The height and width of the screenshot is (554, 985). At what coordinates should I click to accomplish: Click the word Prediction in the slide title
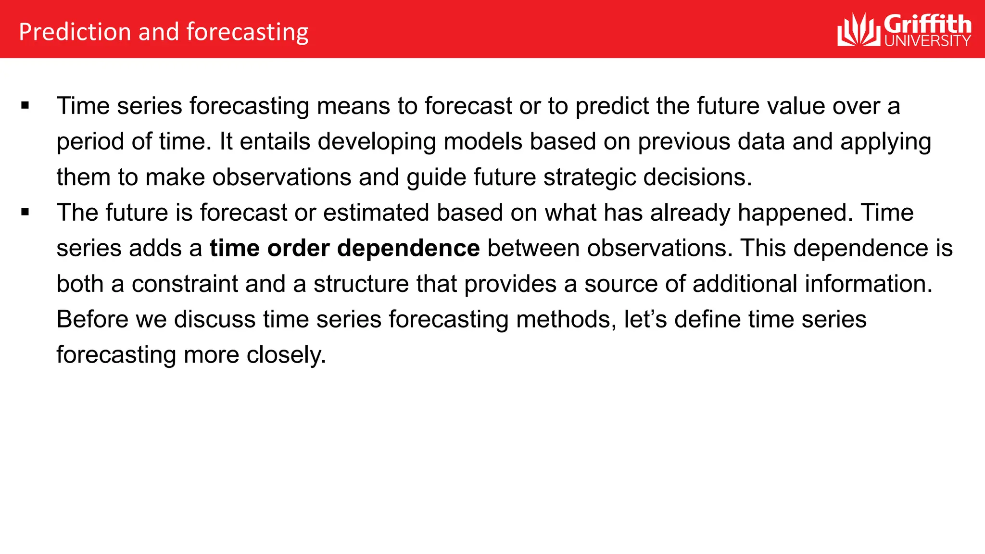coord(75,32)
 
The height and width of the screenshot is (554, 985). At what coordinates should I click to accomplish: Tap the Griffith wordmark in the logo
coord(927,24)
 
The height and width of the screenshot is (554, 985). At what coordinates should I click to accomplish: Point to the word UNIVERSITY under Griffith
coord(927,41)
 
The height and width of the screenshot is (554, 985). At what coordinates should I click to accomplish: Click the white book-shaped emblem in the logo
coord(859,30)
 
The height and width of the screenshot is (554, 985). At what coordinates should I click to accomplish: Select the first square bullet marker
coord(25,106)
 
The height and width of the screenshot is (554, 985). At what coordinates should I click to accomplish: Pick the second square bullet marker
coord(25,213)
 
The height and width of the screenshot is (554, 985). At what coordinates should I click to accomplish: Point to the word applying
coord(885,142)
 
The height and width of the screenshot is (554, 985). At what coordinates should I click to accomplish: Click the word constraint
coord(185,284)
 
